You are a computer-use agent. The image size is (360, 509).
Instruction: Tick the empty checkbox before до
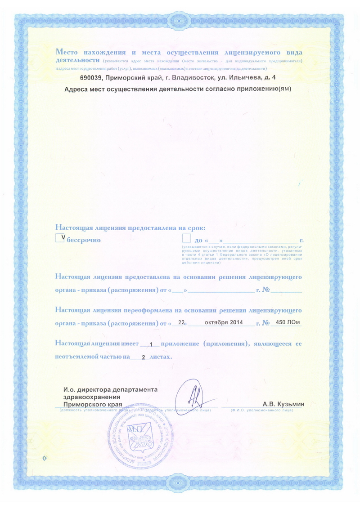click(x=187, y=239)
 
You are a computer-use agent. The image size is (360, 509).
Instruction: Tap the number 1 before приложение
click(x=152, y=345)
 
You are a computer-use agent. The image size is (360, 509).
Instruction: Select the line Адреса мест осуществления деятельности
click(x=178, y=89)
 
